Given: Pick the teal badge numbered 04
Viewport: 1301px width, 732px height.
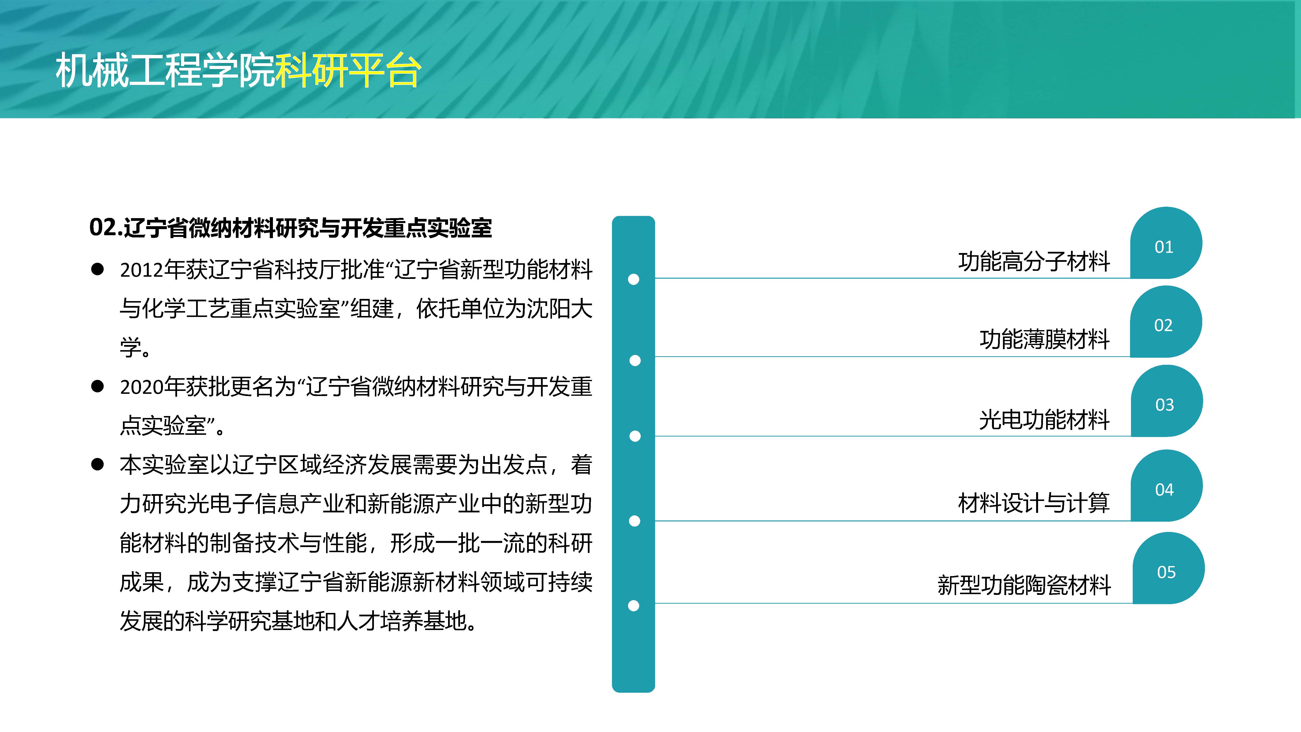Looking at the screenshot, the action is point(1167,486).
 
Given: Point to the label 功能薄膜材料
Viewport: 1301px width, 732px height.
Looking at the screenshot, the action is point(1044,339).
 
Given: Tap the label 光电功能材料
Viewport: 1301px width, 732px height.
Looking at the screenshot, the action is point(1044,419).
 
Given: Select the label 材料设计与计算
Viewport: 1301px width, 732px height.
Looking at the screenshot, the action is point(1034,503).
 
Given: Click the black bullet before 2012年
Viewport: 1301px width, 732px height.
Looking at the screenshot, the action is point(98,269).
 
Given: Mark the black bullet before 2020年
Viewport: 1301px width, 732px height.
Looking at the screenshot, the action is point(98,386).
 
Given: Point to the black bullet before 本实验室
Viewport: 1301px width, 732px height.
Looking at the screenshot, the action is point(98,464).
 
